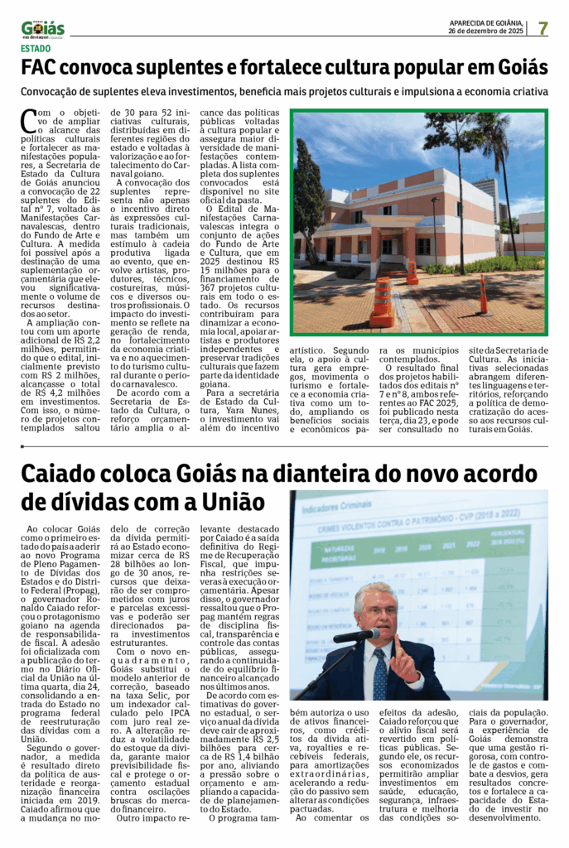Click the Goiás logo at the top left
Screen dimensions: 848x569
tap(43, 29)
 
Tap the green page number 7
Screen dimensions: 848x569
tap(543, 28)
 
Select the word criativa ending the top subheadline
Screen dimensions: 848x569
tap(525, 92)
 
